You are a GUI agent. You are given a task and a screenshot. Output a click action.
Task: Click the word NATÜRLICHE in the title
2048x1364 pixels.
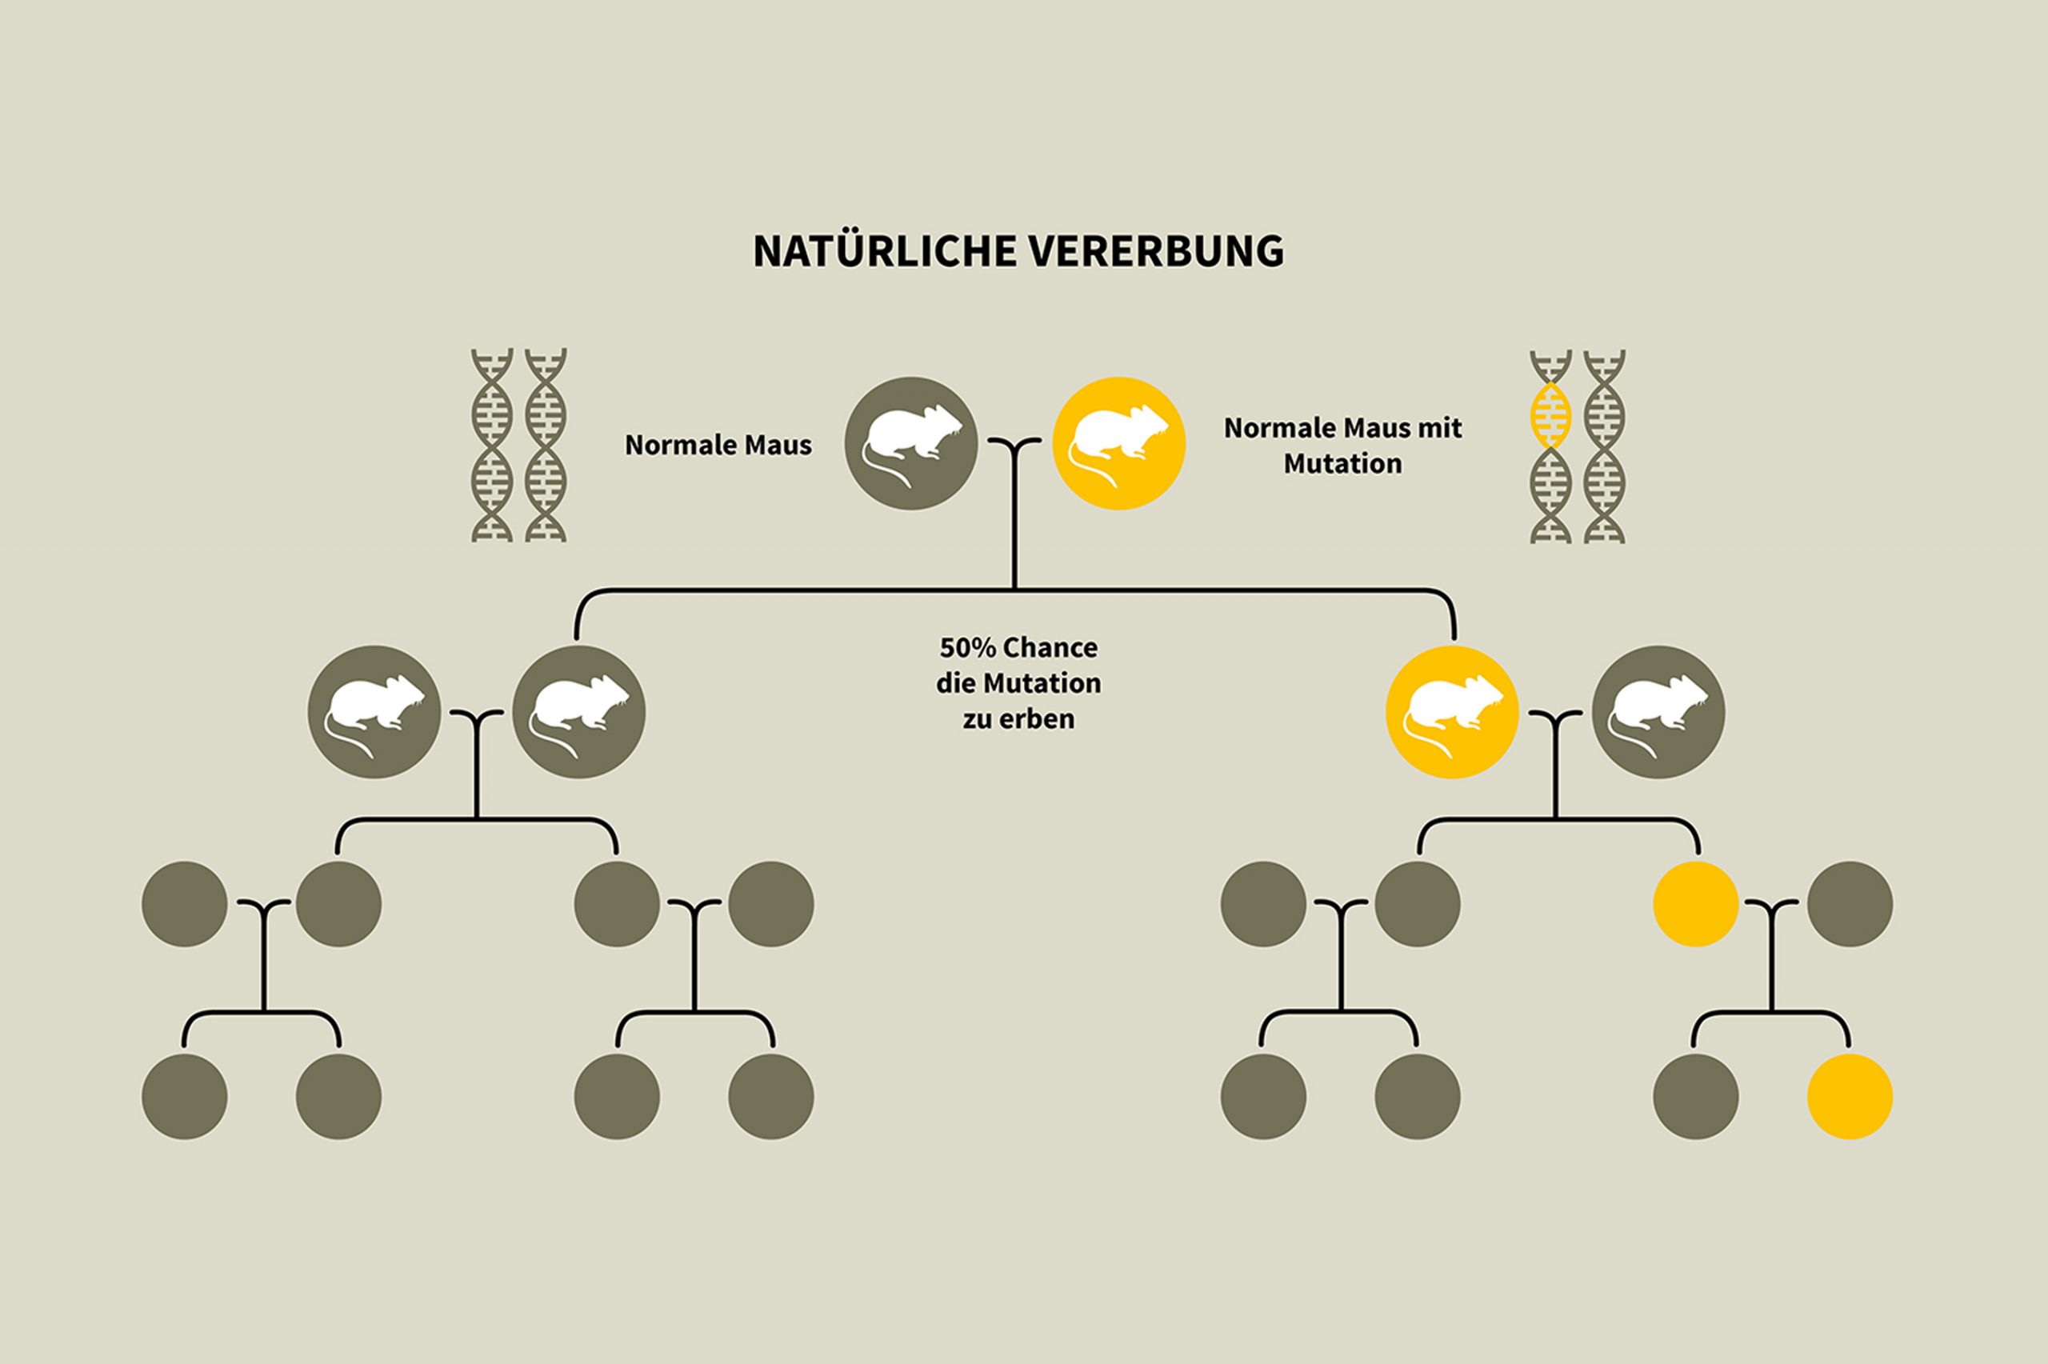pyautogui.click(x=880, y=251)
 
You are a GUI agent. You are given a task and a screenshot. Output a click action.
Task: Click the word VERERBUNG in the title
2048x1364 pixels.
pyautogui.click(x=1156, y=251)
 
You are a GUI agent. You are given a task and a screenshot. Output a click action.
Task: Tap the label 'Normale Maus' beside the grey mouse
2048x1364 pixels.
pyautogui.click(x=718, y=446)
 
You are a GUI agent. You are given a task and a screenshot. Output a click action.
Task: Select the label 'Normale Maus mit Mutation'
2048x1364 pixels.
pyautogui.click(x=1342, y=446)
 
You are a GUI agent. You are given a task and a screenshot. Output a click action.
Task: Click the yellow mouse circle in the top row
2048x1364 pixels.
pyautogui.click(x=1118, y=444)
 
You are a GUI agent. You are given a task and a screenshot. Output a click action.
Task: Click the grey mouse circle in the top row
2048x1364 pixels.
pyautogui.click(x=911, y=444)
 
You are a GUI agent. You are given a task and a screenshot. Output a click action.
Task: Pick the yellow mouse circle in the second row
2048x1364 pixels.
pyautogui.click(x=1451, y=711)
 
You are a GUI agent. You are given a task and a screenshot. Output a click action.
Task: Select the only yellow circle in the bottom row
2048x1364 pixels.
pyautogui.click(x=1850, y=1096)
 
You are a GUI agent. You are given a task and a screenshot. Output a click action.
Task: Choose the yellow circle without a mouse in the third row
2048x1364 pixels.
pyautogui.click(x=1695, y=904)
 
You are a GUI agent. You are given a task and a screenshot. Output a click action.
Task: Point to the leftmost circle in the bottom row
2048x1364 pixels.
pyautogui.click(x=184, y=1096)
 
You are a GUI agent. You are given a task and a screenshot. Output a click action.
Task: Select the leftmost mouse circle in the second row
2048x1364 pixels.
pyautogui.click(x=374, y=711)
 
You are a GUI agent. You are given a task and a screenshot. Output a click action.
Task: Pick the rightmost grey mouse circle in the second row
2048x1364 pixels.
pyautogui.click(x=1658, y=711)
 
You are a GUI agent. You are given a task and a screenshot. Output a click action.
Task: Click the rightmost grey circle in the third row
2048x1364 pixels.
pyautogui.click(x=1850, y=904)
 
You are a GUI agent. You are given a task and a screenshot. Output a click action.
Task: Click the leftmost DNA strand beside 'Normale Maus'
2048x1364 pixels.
pyautogui.click(x=491, y=446)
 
